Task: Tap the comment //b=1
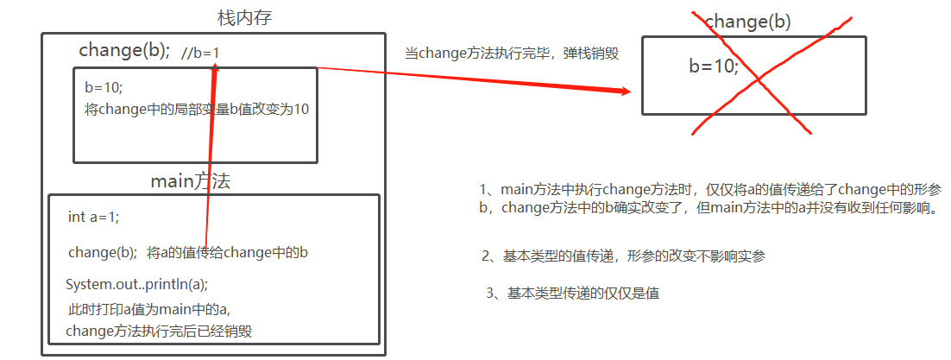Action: point(201,54)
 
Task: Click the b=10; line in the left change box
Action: point(104,87)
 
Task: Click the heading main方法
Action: point(190,181)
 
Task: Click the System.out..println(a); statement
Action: point(137,284)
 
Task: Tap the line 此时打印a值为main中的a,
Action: point(148,308)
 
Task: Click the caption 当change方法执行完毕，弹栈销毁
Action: point(512,53)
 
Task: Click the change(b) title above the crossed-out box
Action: point(747,22)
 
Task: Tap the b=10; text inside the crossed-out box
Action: point(714,65)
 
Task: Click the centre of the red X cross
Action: point(758,79)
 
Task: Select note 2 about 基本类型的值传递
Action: point(623,256)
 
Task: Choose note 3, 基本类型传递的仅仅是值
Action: point(573,294)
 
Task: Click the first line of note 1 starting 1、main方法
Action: point(710,189)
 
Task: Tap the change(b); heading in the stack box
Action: point(124,50)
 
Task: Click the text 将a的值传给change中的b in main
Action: point(228,253)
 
